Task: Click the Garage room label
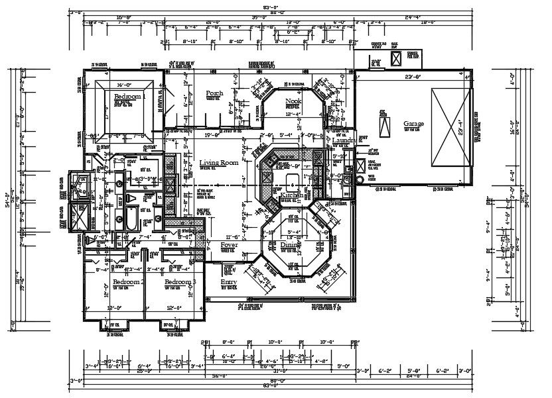[x=413, y=124]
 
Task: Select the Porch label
[x=214, y=93]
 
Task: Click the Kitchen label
[x=291, y=196]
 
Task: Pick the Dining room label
[x=289, y=244]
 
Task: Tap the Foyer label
[x=230, y=244]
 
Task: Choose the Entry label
[x=228, y=282]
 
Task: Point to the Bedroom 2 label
[x=123, y=282]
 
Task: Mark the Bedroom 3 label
[x=180, y=282]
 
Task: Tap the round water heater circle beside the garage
[x=359, y=179]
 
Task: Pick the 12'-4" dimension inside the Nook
[x=293, y=114]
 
